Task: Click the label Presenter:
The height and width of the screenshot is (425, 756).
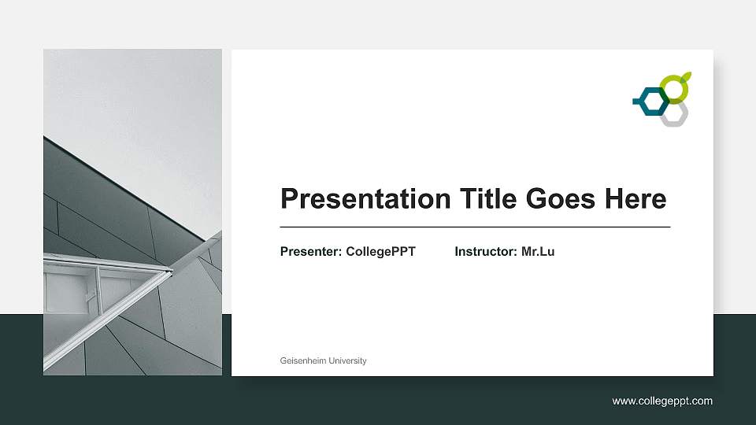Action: [x=311, y=252]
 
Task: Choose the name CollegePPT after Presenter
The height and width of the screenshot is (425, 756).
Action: [x=380, y=252]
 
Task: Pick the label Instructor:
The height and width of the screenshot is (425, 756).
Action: [x=486, y=252]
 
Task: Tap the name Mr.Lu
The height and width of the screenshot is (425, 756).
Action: [x=538, y=252]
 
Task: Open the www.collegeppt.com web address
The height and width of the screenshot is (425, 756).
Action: [x=662, y=401]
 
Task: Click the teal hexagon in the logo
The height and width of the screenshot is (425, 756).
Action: [x=651, y=100]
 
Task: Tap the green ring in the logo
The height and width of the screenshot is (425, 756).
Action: [x=673, y=89]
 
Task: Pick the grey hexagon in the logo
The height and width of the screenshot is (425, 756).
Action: [x=674, y=114]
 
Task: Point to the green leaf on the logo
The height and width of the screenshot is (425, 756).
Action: [x=687, y=76]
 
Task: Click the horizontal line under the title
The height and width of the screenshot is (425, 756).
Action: [x=475, y=227]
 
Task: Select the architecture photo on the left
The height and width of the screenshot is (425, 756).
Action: [x=132, y=212]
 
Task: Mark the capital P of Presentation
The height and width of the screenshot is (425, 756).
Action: [x=289, y=198]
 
